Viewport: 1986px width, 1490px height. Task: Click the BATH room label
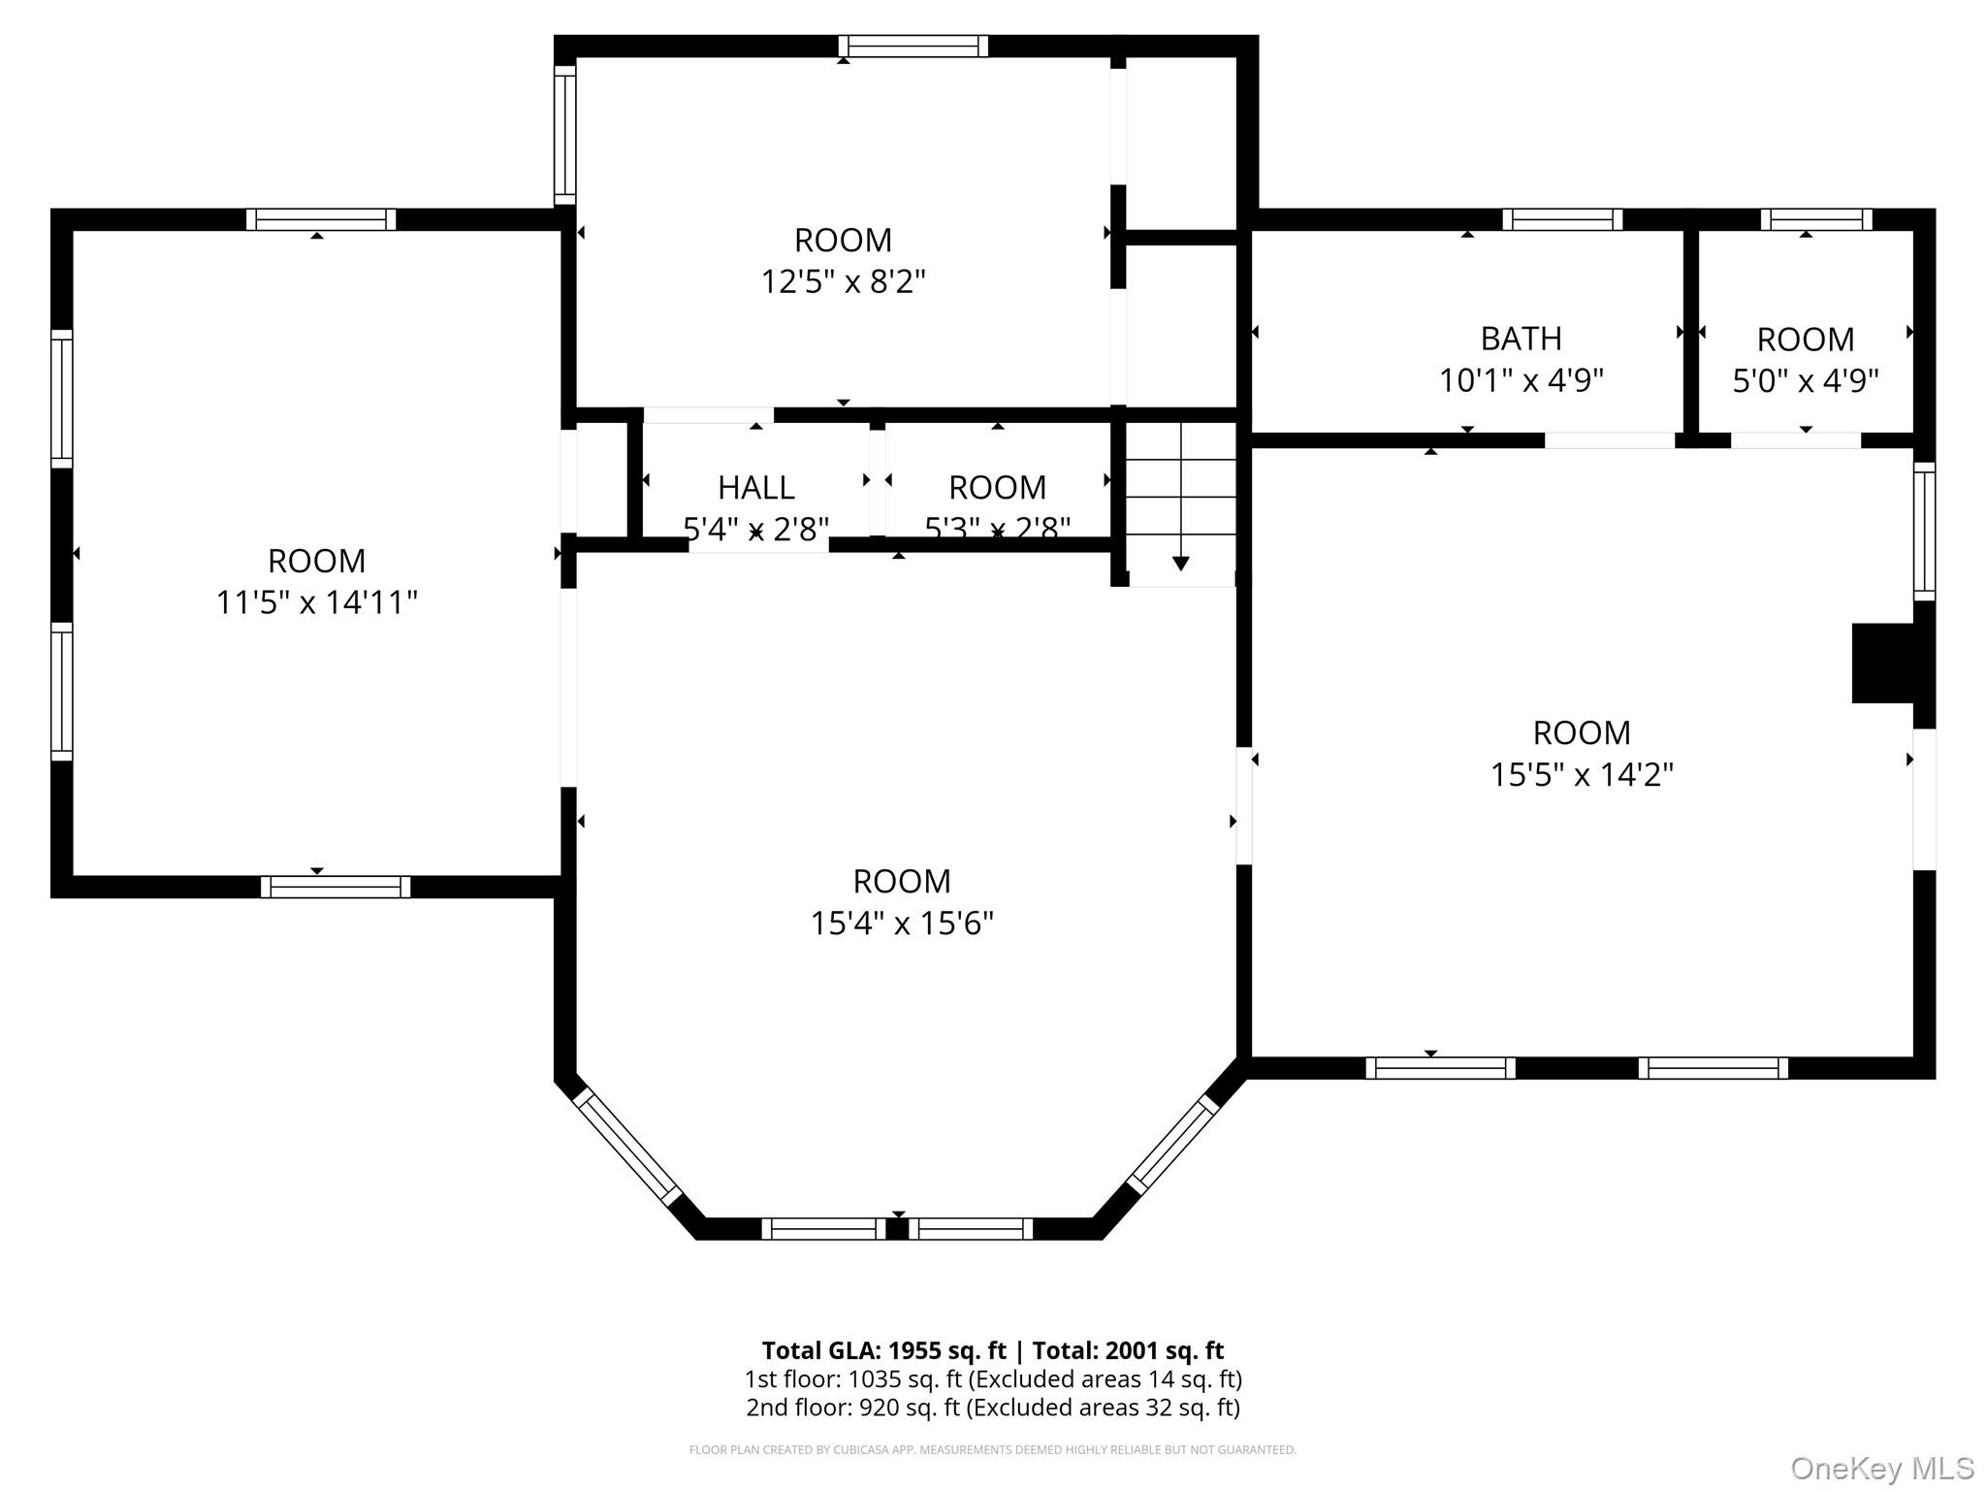(1521, 339)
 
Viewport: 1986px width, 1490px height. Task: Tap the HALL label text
(756, 487)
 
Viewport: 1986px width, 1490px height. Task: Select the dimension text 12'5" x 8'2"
(843, 282)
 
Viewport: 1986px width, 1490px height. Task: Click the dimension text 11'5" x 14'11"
(316, 602)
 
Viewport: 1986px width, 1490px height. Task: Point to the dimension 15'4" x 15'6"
(902, 923)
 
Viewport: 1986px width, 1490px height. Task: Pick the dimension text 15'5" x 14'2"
(1582, 775)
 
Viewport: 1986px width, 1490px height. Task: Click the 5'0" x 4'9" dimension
(1805, 381)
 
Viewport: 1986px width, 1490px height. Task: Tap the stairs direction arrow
(1180, 562)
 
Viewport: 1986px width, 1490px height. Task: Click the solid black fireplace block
(1882, 663)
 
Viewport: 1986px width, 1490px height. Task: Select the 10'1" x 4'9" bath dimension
(1521, 381)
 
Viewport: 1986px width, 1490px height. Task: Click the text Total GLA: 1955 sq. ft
(883, 1350)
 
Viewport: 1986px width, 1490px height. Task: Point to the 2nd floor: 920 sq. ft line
(992, 1408)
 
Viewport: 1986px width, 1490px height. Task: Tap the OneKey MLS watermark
(1881, 1468)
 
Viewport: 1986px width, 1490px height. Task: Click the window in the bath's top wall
(1561, 219)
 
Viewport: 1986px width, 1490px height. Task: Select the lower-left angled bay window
(628, 1147)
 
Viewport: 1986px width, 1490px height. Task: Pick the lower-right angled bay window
(1173, 1144)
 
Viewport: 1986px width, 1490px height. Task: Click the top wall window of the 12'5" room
(913, 46)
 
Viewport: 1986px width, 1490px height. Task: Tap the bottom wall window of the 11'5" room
(336, 887)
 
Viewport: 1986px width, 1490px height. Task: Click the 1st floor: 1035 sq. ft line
(992, 1379)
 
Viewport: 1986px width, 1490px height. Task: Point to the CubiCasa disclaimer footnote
(992, 1449)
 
